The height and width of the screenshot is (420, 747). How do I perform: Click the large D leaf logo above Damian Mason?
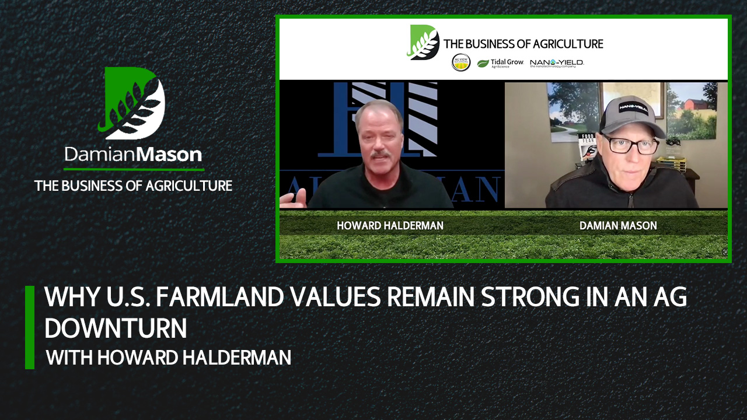pyautogui.click(x=134, y=103)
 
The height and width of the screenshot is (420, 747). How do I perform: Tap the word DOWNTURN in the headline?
pyautogui.click(x=116, y=328)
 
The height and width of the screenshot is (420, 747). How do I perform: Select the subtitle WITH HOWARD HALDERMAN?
pyautogui.click(x=169, y=357)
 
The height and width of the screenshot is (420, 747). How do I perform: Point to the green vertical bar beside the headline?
pyautogui.click(x=30, y=327)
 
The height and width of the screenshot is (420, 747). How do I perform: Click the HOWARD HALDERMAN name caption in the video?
pyautogui.click(x=390, y=225)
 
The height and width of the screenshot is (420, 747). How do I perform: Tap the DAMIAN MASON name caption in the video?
pyautogui.click(x=619, y=225)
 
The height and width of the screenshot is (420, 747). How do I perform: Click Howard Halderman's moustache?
pyautogui.click(x=380, y=155)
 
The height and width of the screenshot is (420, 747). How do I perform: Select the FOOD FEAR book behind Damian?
pyautogui.click(x=587, y=146)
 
